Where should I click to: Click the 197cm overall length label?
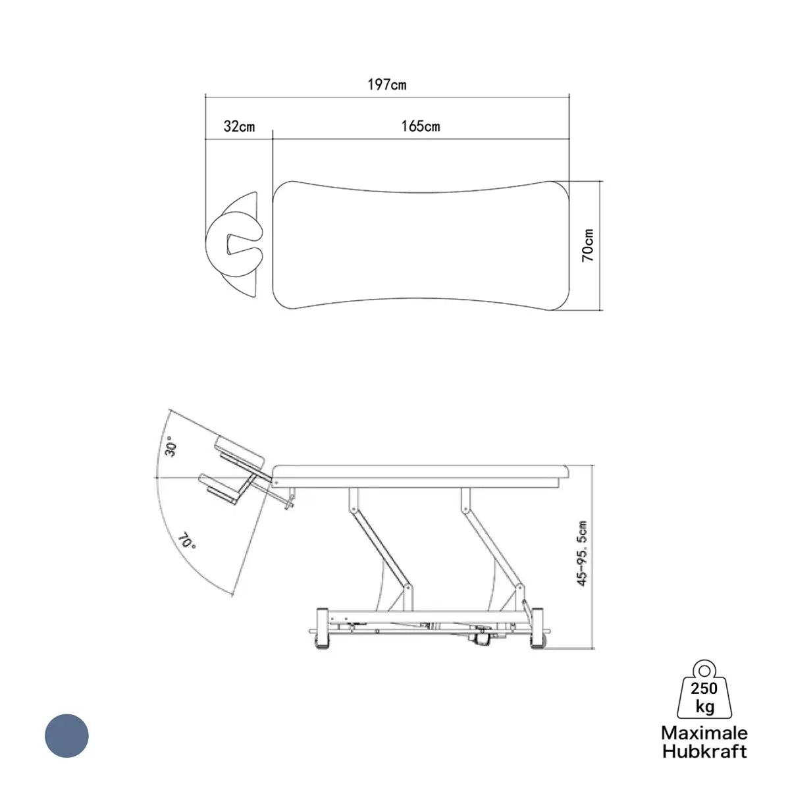point(386,85)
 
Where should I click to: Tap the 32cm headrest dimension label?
point(239,126)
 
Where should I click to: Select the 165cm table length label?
point(421,126)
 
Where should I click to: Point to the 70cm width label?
point(587,246)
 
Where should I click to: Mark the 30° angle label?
point(171,450)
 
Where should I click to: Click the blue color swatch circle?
point(67,735)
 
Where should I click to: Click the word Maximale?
point(704,733)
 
